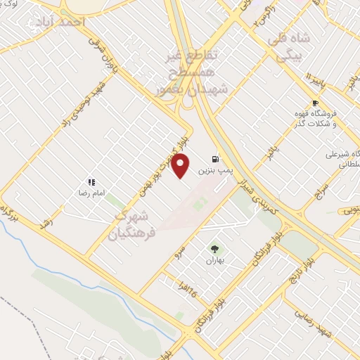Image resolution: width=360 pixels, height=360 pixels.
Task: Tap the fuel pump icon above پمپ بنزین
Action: pos(214,159)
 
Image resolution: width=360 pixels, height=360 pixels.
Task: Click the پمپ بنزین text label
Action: pos(212,170)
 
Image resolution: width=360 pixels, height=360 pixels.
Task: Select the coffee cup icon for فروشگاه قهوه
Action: pos(315,103)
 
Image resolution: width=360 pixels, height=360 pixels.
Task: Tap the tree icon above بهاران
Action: pos(214,249)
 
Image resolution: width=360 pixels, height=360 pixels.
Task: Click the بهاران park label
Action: pos(213,260)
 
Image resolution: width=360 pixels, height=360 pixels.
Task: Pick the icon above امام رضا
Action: pos(91,182)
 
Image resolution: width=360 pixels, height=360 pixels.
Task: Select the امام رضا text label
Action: pos(91,192)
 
